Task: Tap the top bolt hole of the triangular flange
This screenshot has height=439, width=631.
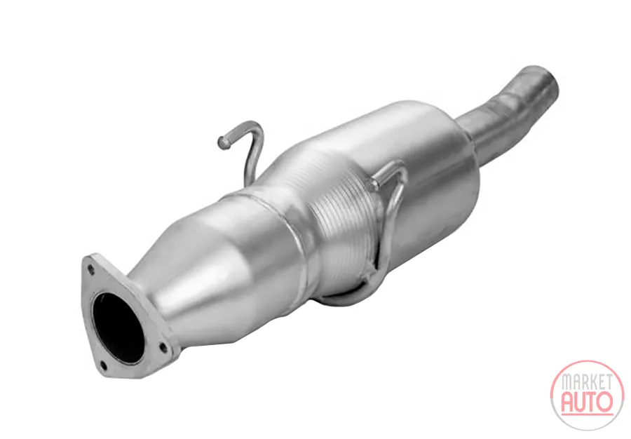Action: (x=91, y=269)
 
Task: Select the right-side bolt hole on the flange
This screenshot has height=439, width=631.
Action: (x=163, y=346)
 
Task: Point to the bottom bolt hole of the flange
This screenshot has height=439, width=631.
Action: (x=103, y=366)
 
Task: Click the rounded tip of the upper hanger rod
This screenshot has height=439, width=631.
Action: (x=222, y=141)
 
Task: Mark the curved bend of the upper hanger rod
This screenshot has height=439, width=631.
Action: (x=255, y=131)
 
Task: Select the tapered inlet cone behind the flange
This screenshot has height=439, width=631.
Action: (x=213, y=278)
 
